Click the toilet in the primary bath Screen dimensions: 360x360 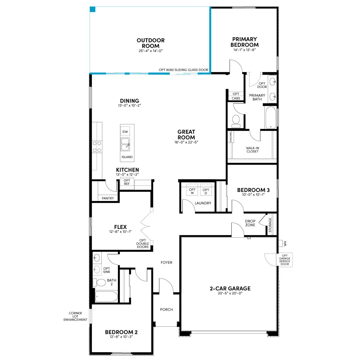tap(236, 121)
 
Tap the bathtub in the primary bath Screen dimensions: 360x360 tap(270, 118)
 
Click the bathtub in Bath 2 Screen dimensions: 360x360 tap(106, 296)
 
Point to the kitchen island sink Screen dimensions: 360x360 tap(125, 144)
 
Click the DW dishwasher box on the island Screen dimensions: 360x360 tap(125, 131)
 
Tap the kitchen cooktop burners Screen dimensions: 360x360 tap(97, 147)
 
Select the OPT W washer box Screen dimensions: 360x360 tap(192, 191)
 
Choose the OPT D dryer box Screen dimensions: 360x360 tap(206, 191)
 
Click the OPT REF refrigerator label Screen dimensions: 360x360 tap(127, 182)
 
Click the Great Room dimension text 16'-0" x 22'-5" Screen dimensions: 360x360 tap(186, 142)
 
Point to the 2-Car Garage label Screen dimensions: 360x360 tap(230, 288)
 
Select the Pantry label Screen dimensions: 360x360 tap(108, 198)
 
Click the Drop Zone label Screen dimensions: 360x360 tap(250, 223)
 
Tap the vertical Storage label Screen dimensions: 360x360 tap(270, 225)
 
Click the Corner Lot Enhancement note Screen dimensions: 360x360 tap(75, 316)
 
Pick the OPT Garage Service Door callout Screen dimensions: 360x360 tap(284, 260)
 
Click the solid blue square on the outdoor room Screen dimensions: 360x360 tap(92, 9)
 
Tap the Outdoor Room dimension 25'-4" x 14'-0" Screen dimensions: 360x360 tap(151, 51)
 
